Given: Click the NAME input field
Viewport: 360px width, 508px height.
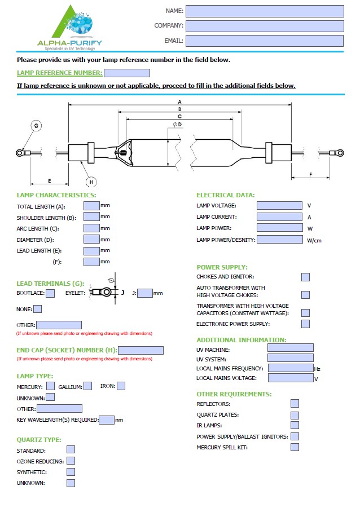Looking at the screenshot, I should [264, 11].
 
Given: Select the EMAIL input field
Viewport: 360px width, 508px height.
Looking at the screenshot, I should [264, 41].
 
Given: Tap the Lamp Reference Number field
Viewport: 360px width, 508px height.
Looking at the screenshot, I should [127, 73].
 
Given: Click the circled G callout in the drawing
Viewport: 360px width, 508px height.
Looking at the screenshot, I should [36, 126].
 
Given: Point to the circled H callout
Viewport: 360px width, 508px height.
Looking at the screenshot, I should [91, 182].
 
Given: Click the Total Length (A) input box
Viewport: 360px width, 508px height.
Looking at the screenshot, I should [91, 206].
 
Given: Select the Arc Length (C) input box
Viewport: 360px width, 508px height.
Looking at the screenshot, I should [91, 228].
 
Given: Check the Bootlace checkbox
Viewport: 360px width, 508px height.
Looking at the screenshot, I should [50, 293].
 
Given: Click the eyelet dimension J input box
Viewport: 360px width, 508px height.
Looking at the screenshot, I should [145, 293].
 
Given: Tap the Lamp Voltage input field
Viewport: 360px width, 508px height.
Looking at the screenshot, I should [279, 206].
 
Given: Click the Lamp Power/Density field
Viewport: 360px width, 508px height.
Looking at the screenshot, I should [279, 240].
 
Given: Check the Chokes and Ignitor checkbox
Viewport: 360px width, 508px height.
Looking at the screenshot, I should [305, 277].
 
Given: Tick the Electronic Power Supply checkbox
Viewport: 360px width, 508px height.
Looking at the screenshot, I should [305, 324].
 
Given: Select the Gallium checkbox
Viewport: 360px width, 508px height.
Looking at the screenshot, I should [87, 386].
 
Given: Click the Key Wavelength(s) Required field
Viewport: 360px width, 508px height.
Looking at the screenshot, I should [107, 419].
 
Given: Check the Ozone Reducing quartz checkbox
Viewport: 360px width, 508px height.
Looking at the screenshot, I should [71, 461].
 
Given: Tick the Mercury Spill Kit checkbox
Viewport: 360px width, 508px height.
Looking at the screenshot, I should [295, 447].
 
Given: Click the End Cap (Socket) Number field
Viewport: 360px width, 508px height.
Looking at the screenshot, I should [141, 350].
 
